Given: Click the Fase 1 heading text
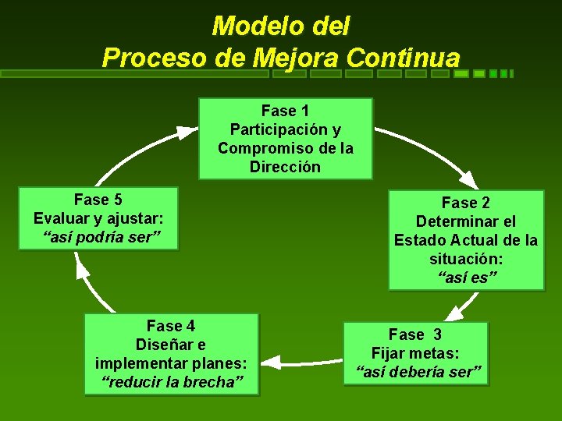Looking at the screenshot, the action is click(285, 111).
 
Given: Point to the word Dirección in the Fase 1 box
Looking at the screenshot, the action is click(285, 167).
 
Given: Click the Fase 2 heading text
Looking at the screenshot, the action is click(465, 203).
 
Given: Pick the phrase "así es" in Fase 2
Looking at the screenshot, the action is click(465, 278).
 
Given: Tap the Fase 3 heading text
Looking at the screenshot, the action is click(415, 334).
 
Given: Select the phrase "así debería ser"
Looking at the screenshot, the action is click(418, 372).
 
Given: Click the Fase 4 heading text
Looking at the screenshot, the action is click(171, 326).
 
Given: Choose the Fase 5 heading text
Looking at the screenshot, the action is click(98, 200).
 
